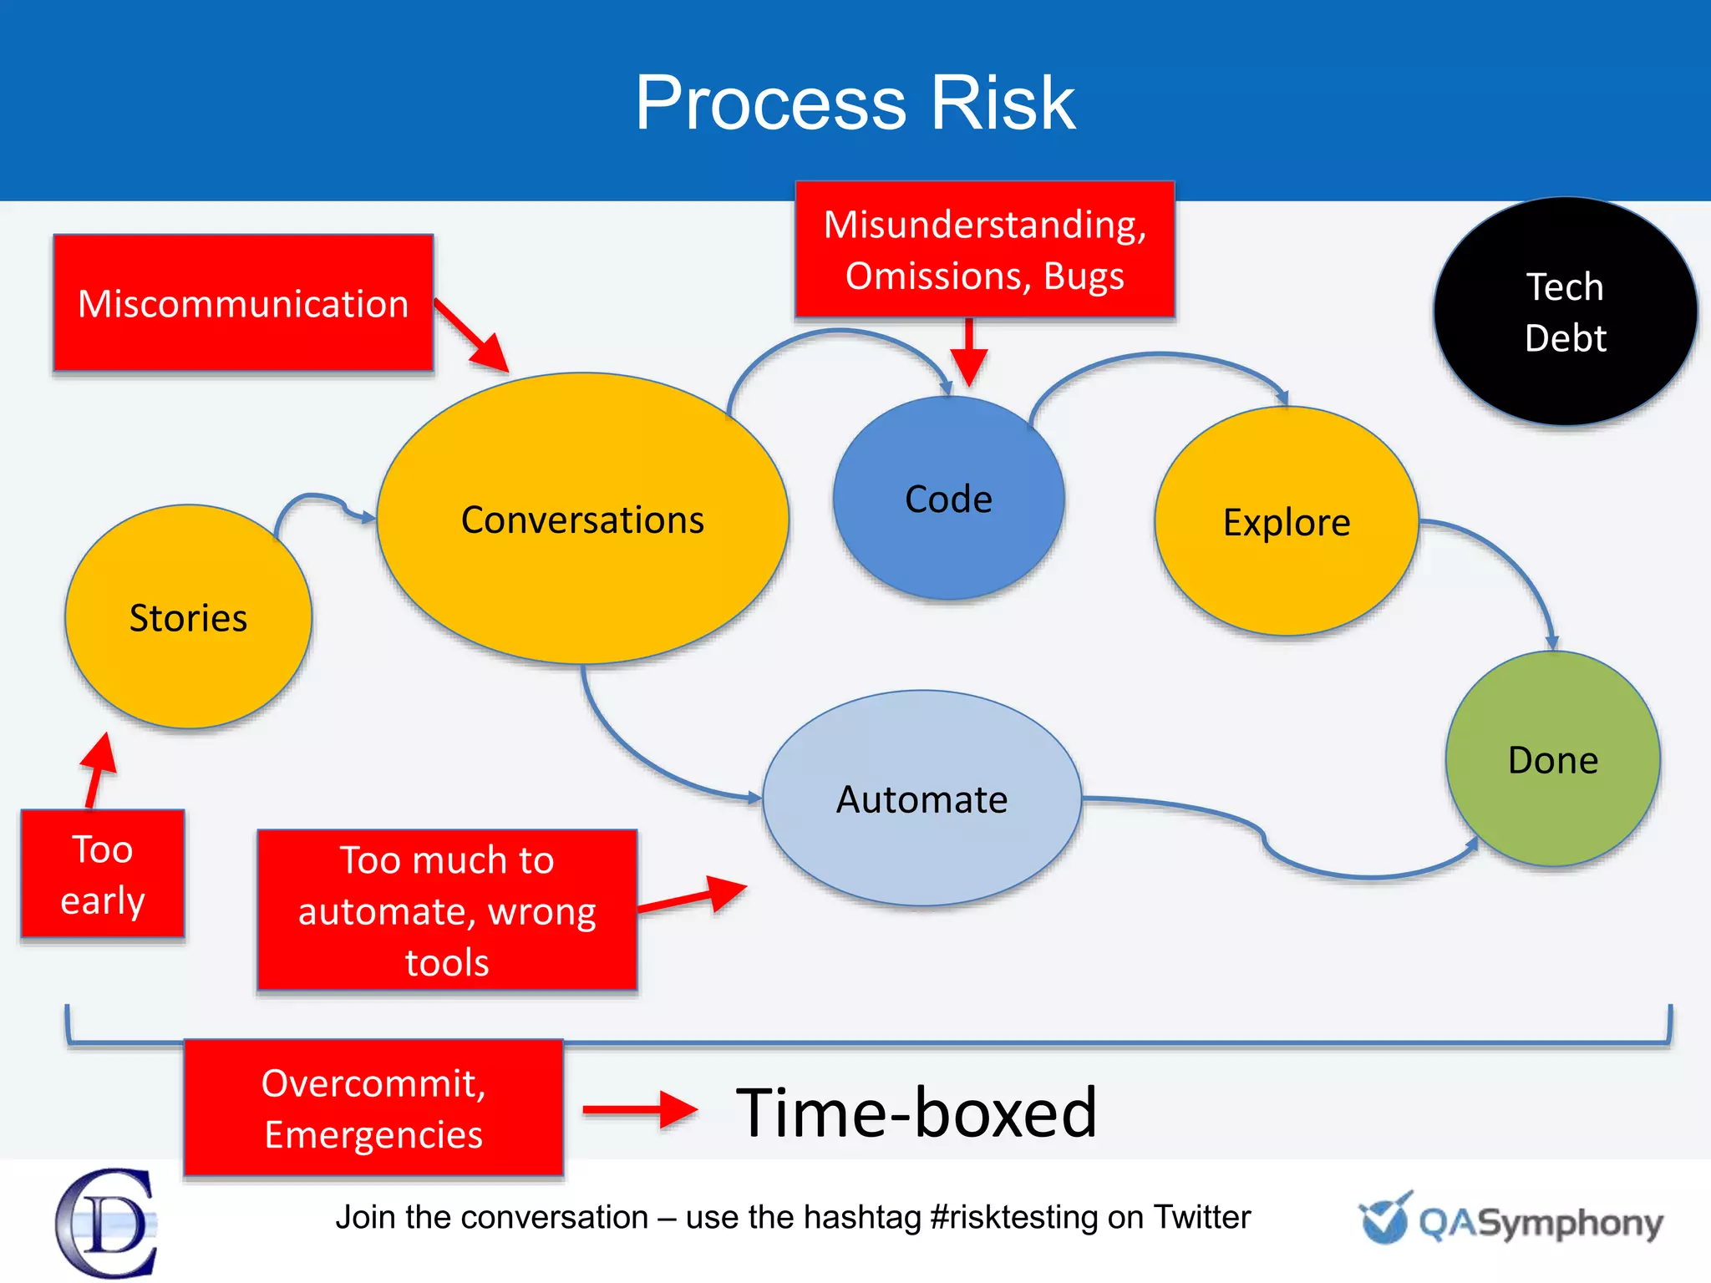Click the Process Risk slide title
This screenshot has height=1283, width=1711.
point(855,103)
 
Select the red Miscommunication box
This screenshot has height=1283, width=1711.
point(243,303)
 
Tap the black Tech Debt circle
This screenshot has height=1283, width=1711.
point(1565,312)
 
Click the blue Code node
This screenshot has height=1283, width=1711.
point(948,499)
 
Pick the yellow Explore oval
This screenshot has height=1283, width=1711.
point(1287,522)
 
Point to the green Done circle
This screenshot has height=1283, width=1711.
point(1552,759)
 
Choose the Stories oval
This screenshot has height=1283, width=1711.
point(188,617)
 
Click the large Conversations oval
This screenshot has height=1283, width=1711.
point(582,519)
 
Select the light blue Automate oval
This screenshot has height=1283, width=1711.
point(922,799)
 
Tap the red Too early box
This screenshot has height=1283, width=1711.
point(102,874)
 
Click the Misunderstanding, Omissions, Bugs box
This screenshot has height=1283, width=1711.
point(984,250)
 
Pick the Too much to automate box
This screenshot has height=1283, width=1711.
point(447,910)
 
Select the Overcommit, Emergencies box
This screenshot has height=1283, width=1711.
point(373,1108)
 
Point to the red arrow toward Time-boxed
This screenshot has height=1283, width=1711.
point(639,1109)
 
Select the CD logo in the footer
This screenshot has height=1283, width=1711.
point(107,1223)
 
